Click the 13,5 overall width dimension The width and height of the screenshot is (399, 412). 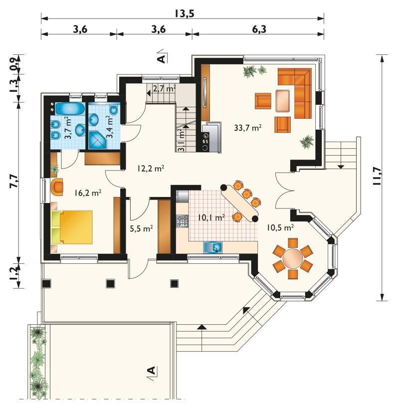[185, 13]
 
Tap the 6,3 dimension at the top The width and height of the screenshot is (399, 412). [259, 29]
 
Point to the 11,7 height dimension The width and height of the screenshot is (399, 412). [377, 176]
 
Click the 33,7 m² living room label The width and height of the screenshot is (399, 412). [248, 128]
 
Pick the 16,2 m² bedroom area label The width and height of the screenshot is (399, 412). [87, 193]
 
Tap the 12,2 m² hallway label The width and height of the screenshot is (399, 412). [151, 168]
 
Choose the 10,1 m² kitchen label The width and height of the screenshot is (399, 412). [211, 217]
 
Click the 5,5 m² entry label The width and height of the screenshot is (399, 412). [141, 228]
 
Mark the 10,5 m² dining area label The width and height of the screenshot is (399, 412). [280, 227]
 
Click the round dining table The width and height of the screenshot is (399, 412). [293, 258]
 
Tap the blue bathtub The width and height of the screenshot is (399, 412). [70, 109]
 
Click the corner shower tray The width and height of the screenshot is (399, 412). [97, 140]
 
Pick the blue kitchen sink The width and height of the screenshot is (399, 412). [213, 248]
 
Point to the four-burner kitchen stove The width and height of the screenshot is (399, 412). [183, 221]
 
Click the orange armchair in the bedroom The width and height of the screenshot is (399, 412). [57, 187]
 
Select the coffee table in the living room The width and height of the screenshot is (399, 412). [283, 101]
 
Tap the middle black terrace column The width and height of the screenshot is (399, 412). [110, 283]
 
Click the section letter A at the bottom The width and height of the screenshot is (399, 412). [152, 371]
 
